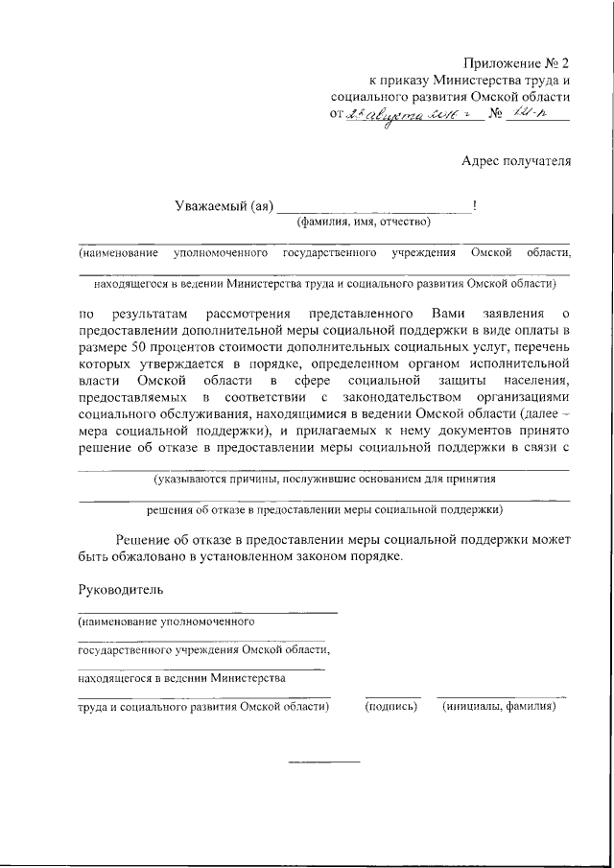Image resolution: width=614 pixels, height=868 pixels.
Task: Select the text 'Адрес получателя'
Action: click(x=516, y=161)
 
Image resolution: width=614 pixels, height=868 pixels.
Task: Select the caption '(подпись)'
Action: click(x=391, y=707)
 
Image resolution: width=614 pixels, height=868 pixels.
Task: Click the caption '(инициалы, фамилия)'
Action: click(x=500, y=707)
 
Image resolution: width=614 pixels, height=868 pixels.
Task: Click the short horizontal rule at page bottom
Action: click(x=324, y=762)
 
